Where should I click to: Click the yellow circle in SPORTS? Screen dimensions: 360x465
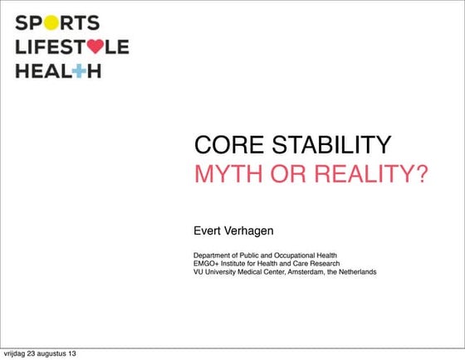tap(51, 22)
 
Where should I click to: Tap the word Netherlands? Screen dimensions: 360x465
tap(356, 272)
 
